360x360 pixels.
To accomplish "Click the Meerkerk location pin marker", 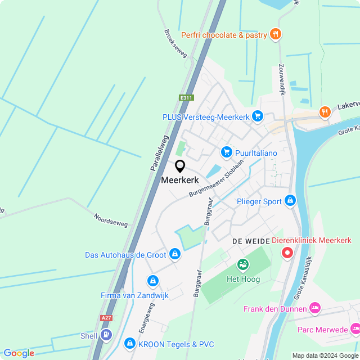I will pyautogui.click(x=180, y=166).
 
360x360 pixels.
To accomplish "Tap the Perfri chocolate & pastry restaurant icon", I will pyautogui.click(x=275, y=34).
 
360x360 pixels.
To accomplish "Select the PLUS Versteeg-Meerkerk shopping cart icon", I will pyautogui.click(x=258, y=116).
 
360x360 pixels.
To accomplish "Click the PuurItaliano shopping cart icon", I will pyautogui.click(x=226, y=152).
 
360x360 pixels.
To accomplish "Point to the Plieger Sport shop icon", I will pyautogui.click(x=290, y=200).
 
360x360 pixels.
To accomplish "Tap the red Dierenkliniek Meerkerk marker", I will pyautogui.click(x=287, y=253).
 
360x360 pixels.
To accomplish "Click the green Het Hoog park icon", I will pyautogui.click(x=242, y=263).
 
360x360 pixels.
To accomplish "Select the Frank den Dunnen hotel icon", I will pyautogui.click(x=315, y=308).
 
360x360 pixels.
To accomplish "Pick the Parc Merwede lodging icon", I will pyautogui.click(x=354, y=328).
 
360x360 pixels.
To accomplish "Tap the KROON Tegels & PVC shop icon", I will pyautogui.click(x=130, y=343).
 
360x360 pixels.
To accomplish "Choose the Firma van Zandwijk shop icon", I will pyautogui.click(x=152, y=280).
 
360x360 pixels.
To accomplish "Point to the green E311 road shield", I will pyautogui.click(x=186, y=98).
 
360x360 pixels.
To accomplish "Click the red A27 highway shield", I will pyautogui.click(x=106, y=318).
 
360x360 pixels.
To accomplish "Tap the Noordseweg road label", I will pyautogui.click(x=111, y=220).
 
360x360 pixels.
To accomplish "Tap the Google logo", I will pyautogui.click(x=19, y=353).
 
